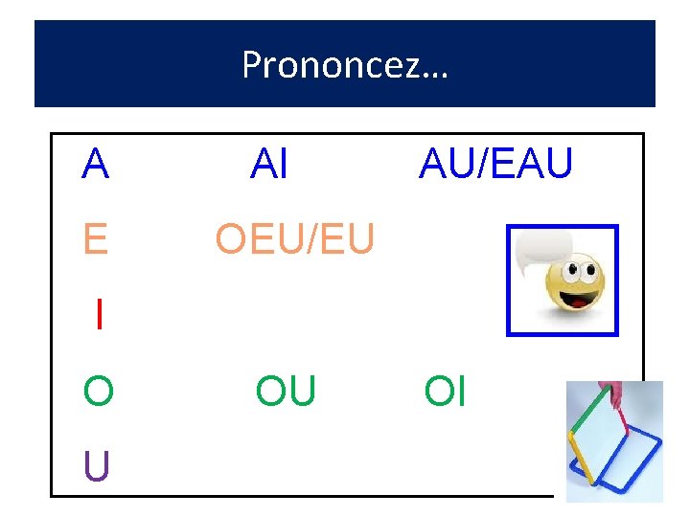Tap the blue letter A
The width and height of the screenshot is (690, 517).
click(x=96, y=165)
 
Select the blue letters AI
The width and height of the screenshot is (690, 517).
click(x=268, y=165)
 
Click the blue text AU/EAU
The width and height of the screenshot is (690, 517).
click(x=495, y=165)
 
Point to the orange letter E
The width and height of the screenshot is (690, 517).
click(x=96, y=238)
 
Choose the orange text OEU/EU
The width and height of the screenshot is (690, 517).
click(x=294, y=238)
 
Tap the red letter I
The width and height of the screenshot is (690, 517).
click(x=99, y=314)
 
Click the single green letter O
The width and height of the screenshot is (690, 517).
click(x=98, y=392)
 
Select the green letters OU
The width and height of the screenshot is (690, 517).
click(x=285, y=392)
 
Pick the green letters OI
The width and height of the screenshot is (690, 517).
click(x=445, y=392)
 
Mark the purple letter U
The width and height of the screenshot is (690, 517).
click(x=96, y=466)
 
